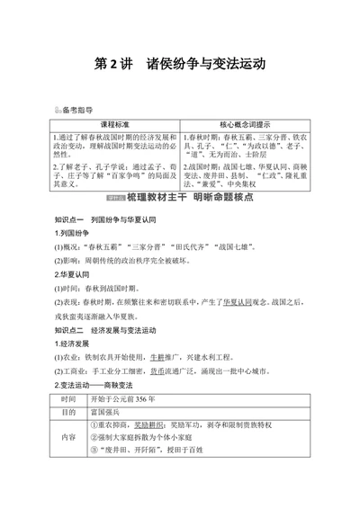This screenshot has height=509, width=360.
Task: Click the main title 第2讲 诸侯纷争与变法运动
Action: tap(180, 64)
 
